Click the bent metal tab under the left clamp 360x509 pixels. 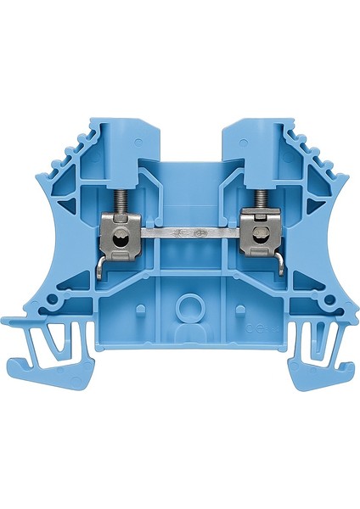[101, 269]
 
